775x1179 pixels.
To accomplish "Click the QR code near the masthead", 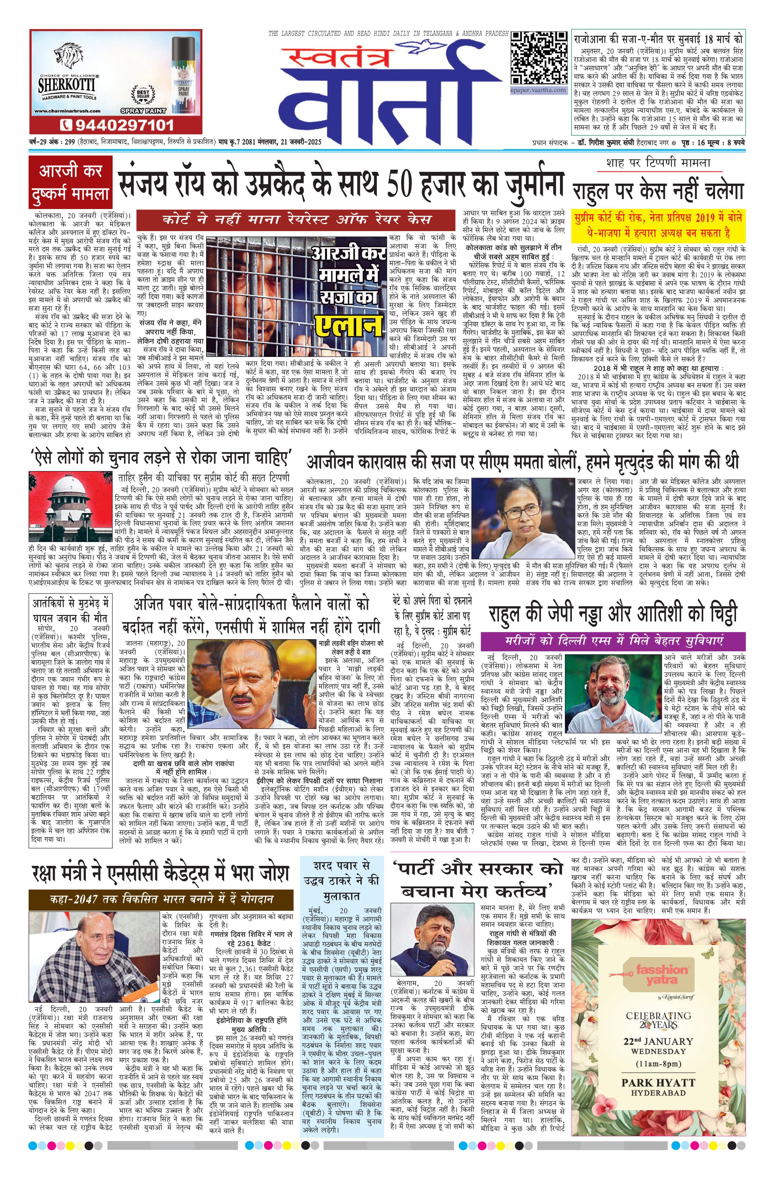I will (x=539, y=58).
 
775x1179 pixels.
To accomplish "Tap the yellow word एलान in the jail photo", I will (x=351, y=322).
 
